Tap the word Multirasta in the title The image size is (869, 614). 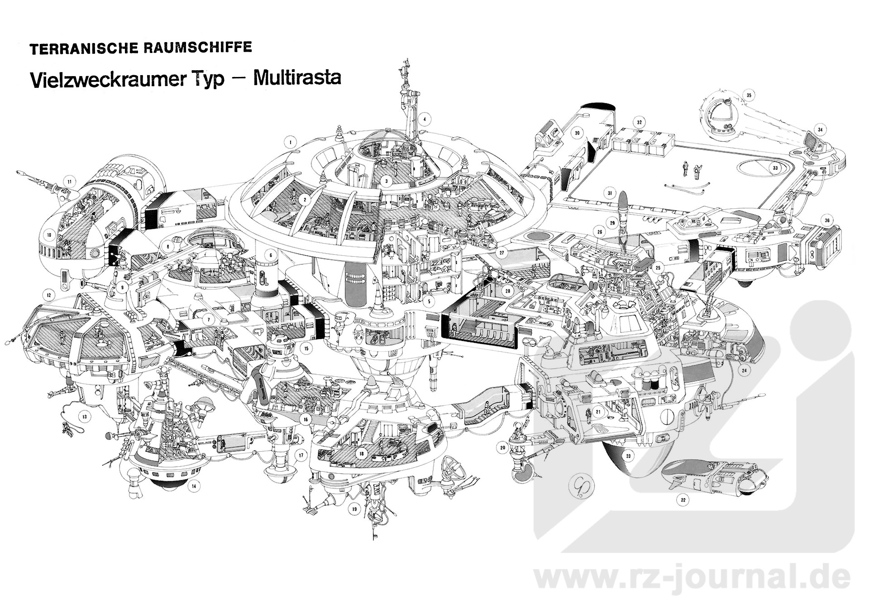point(297,78)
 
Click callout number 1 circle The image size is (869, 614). point(290,142)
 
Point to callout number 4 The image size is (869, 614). point(425,120)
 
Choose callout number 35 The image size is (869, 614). point(749,96)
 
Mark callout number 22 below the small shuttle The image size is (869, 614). point(683,500)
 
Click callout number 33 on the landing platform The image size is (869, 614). point(775,168)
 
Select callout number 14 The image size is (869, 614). point(194,486)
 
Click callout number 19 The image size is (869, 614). point(354,509)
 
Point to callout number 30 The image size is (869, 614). point(577,133)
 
